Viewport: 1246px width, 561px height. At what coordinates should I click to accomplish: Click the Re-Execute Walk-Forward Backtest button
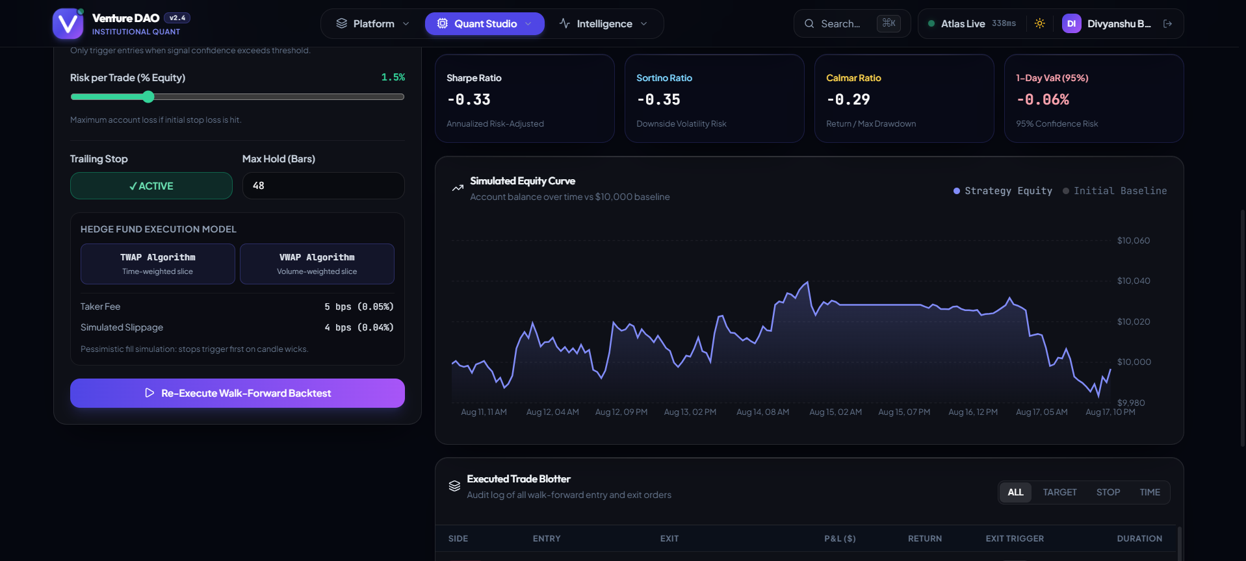click(x=237, y=393)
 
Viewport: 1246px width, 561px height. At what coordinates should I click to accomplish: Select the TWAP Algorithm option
click(x=158, y=264)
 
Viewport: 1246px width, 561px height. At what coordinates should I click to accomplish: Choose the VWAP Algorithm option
click(x=317, y=264)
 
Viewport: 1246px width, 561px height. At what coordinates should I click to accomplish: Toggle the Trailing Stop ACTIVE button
click(x=151, y=186)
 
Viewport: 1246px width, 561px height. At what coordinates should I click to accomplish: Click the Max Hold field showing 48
click(x=323, y=186)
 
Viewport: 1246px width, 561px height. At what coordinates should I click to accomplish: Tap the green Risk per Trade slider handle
click(x=148, y=97)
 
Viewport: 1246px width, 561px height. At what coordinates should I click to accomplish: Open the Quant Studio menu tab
click(x=485, y=23)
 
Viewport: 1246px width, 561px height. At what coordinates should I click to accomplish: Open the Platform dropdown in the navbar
click(x=372, y=23)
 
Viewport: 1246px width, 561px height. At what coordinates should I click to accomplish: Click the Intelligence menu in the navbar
click(x=603, y=23)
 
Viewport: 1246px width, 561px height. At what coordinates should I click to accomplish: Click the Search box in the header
click(x=851, y=23)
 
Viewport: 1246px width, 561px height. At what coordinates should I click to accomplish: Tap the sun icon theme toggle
click(x=1040, y=23)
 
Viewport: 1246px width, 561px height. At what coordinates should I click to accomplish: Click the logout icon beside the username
click(x=1167, y=23)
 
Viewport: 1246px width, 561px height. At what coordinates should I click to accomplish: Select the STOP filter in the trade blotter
click(x=1108, y=492)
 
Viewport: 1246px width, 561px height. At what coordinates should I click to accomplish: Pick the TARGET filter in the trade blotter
click(x=1060, y=492)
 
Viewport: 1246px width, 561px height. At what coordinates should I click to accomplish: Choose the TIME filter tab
click(x=1150, y=492)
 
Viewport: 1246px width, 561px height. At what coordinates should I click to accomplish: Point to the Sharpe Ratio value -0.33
click(x=469, y=100)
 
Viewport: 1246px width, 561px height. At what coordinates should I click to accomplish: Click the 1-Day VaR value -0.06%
click(x=1043, y=100)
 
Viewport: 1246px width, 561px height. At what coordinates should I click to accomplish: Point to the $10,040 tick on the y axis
click(x=1134, y=281)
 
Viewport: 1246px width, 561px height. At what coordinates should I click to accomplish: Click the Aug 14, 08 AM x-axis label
click(x=762, y=412)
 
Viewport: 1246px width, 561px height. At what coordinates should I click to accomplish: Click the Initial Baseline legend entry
click(x=1115, y=191)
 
